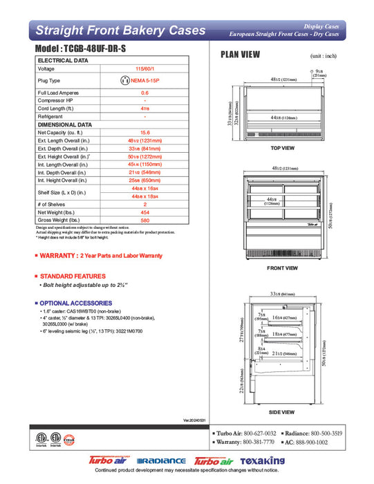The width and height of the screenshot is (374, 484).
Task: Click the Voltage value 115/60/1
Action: pos(144,69)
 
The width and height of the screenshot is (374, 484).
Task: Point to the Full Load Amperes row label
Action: pos(59,93)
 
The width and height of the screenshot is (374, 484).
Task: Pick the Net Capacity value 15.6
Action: pos(144,132)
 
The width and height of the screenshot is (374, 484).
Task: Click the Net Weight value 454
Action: pos(144,213)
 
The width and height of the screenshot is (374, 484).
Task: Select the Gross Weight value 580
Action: pos(144,221)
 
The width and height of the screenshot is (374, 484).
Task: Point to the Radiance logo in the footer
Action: pos(162,461)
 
